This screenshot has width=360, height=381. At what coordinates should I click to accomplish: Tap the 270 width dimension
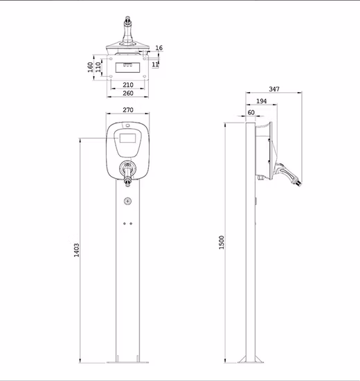[x=128, y=109]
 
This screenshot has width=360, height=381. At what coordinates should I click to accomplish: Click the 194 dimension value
[x=260, y=101]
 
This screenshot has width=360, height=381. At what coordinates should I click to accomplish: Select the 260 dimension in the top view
[x=128, y=94]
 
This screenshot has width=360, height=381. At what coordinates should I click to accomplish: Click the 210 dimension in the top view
[x=128, y=85]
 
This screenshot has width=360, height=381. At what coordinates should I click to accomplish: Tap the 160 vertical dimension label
[x=91, y=67]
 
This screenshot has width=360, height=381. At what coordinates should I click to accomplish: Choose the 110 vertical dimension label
[x=98, y=67]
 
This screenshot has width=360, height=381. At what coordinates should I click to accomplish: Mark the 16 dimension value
[x=159, y=48]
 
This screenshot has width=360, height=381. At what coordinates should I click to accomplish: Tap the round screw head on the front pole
[x=127, y=202]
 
